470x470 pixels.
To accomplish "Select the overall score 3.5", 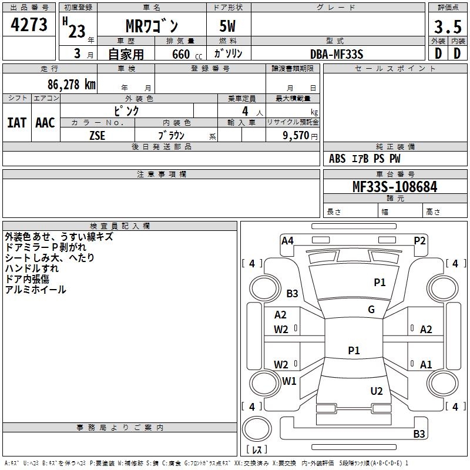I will pos(447,27).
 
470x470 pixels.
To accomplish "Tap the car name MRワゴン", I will pos(152,26).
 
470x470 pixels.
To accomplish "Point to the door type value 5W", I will pos(228,27).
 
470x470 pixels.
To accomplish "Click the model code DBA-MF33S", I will pos(337,54).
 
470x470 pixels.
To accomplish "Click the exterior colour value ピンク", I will pos(126,110).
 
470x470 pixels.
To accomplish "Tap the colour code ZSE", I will pos(98,135).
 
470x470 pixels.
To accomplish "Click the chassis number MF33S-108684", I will pos(395,187).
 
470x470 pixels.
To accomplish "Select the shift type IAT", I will pos(16,123).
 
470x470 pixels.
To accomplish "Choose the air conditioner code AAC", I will pos(45,123).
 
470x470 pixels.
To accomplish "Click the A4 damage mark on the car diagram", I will pos(287,240).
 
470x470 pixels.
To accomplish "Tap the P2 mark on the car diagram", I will pos(419,240).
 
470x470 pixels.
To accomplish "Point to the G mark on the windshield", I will pos(371,310).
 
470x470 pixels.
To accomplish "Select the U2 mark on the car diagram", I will pos(377,391).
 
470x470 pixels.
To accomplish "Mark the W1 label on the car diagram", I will pos(289,381).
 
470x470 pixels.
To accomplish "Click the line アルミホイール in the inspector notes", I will pos(35,290).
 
